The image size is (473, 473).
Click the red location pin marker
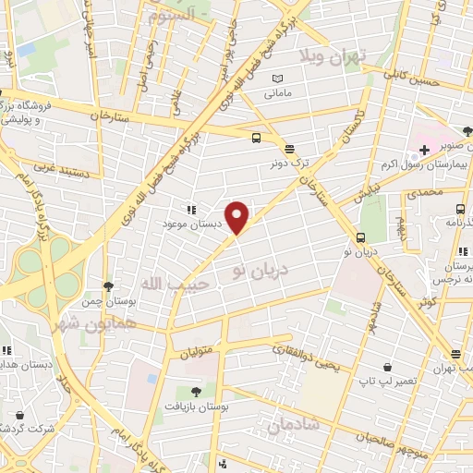238,217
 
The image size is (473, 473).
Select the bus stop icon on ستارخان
256,139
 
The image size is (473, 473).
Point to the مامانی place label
278,94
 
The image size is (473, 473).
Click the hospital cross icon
424,149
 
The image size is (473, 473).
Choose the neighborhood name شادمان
294,424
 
